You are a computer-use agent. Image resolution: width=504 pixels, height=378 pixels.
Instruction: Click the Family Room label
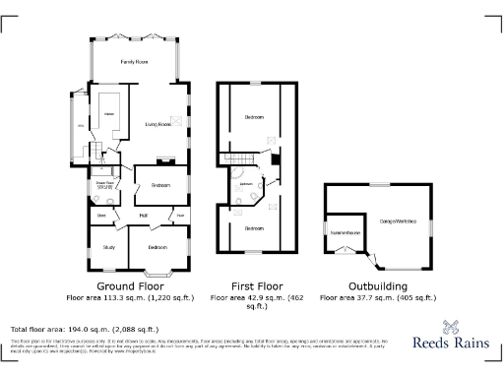point(134,61)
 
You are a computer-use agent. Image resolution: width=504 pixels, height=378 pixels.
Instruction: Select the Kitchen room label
point(110,115)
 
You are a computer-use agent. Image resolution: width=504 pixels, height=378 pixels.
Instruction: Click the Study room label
point(108,248)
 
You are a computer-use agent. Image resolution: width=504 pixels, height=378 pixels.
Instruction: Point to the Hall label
point(143,216)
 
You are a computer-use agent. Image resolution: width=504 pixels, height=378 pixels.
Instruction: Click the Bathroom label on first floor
point(246,183)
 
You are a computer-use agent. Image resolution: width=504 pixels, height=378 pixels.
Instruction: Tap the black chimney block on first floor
point(277,159)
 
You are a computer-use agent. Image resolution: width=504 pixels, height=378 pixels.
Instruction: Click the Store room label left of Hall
point(101,216)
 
